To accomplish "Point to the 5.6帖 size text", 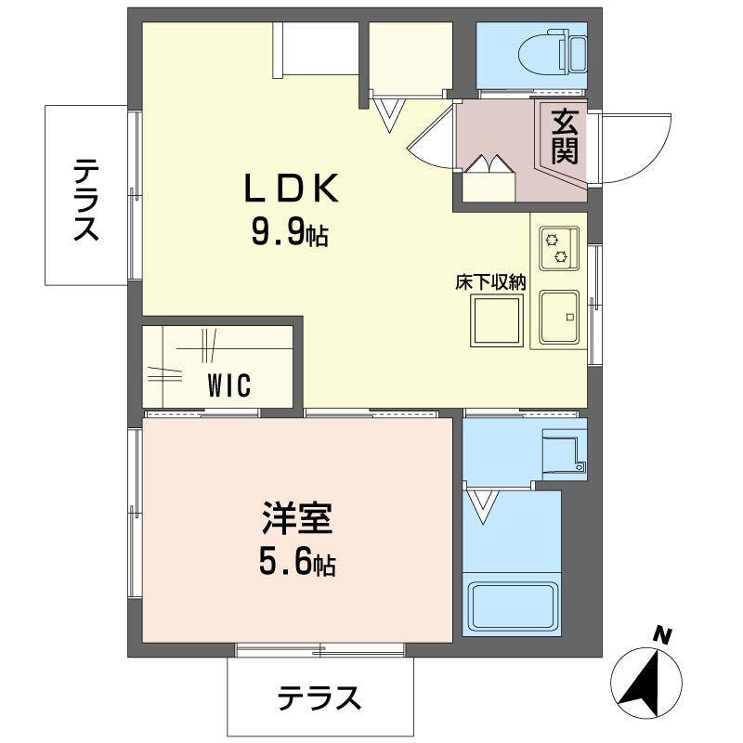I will coord(296,562).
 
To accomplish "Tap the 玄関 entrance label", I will coord(564,136).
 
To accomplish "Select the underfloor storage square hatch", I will coord(497,321).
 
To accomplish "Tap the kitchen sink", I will coord(559,319).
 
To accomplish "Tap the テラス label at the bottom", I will coord(319,697).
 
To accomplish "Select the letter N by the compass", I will coord(661,636).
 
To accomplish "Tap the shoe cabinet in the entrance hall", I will coord(489,180).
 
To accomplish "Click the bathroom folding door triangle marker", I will coord(483,506).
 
